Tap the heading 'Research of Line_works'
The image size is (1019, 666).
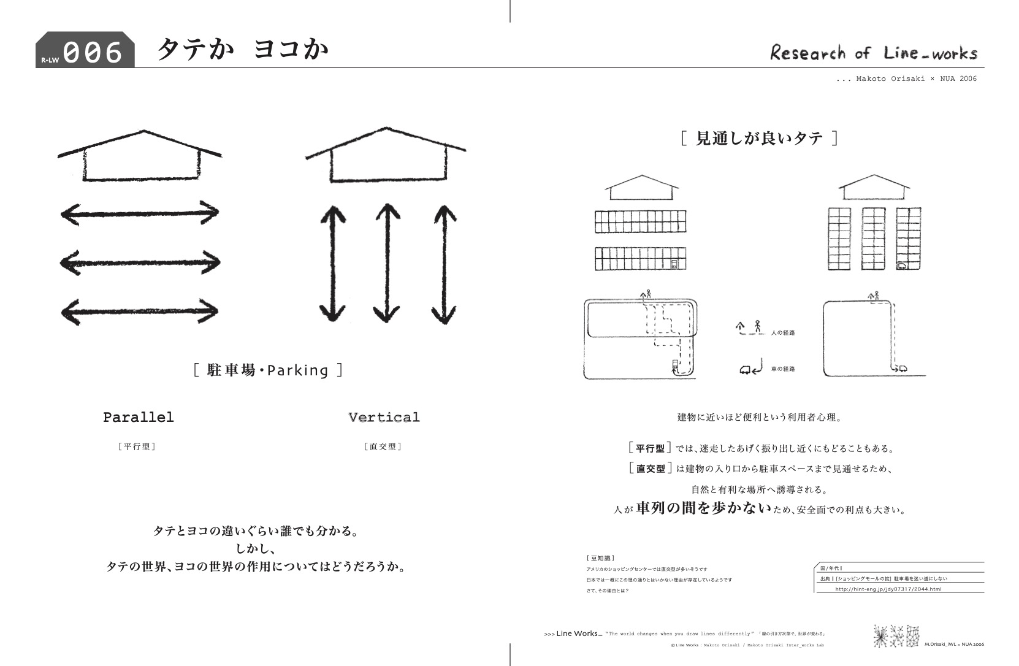(x=873, y=53)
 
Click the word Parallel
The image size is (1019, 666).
(x=139, y=418)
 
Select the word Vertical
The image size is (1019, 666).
(x=384, y=418)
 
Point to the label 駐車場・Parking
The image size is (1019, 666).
(x=268, y=370)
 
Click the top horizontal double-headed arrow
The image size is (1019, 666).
(x=140, y=213)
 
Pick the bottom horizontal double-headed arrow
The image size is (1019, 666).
(x=140, y=312)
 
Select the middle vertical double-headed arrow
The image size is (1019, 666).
(x=387, y=263)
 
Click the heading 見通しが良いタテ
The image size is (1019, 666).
(x=759, y=138)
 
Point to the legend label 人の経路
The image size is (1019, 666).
(x=783, y=332)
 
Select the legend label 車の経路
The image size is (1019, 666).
(x=783, y=369)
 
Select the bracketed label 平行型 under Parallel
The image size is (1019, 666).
(x=136, y=446)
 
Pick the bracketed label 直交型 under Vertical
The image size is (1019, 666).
(x=383, y=446)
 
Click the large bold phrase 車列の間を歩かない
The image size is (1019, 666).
(x=703, y=508)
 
